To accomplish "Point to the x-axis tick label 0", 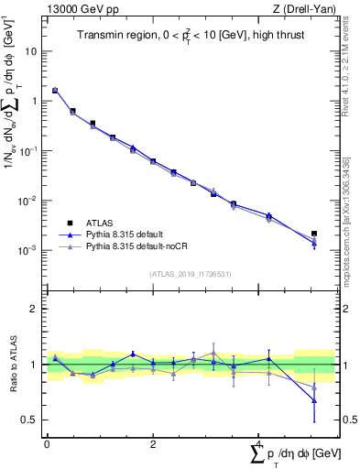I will pyautogui.click(x=47, y=444).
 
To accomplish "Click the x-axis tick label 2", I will pyautogui.click(x=153, y=444).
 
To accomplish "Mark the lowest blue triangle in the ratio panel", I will pyautogui.click(x=314, y=400).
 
